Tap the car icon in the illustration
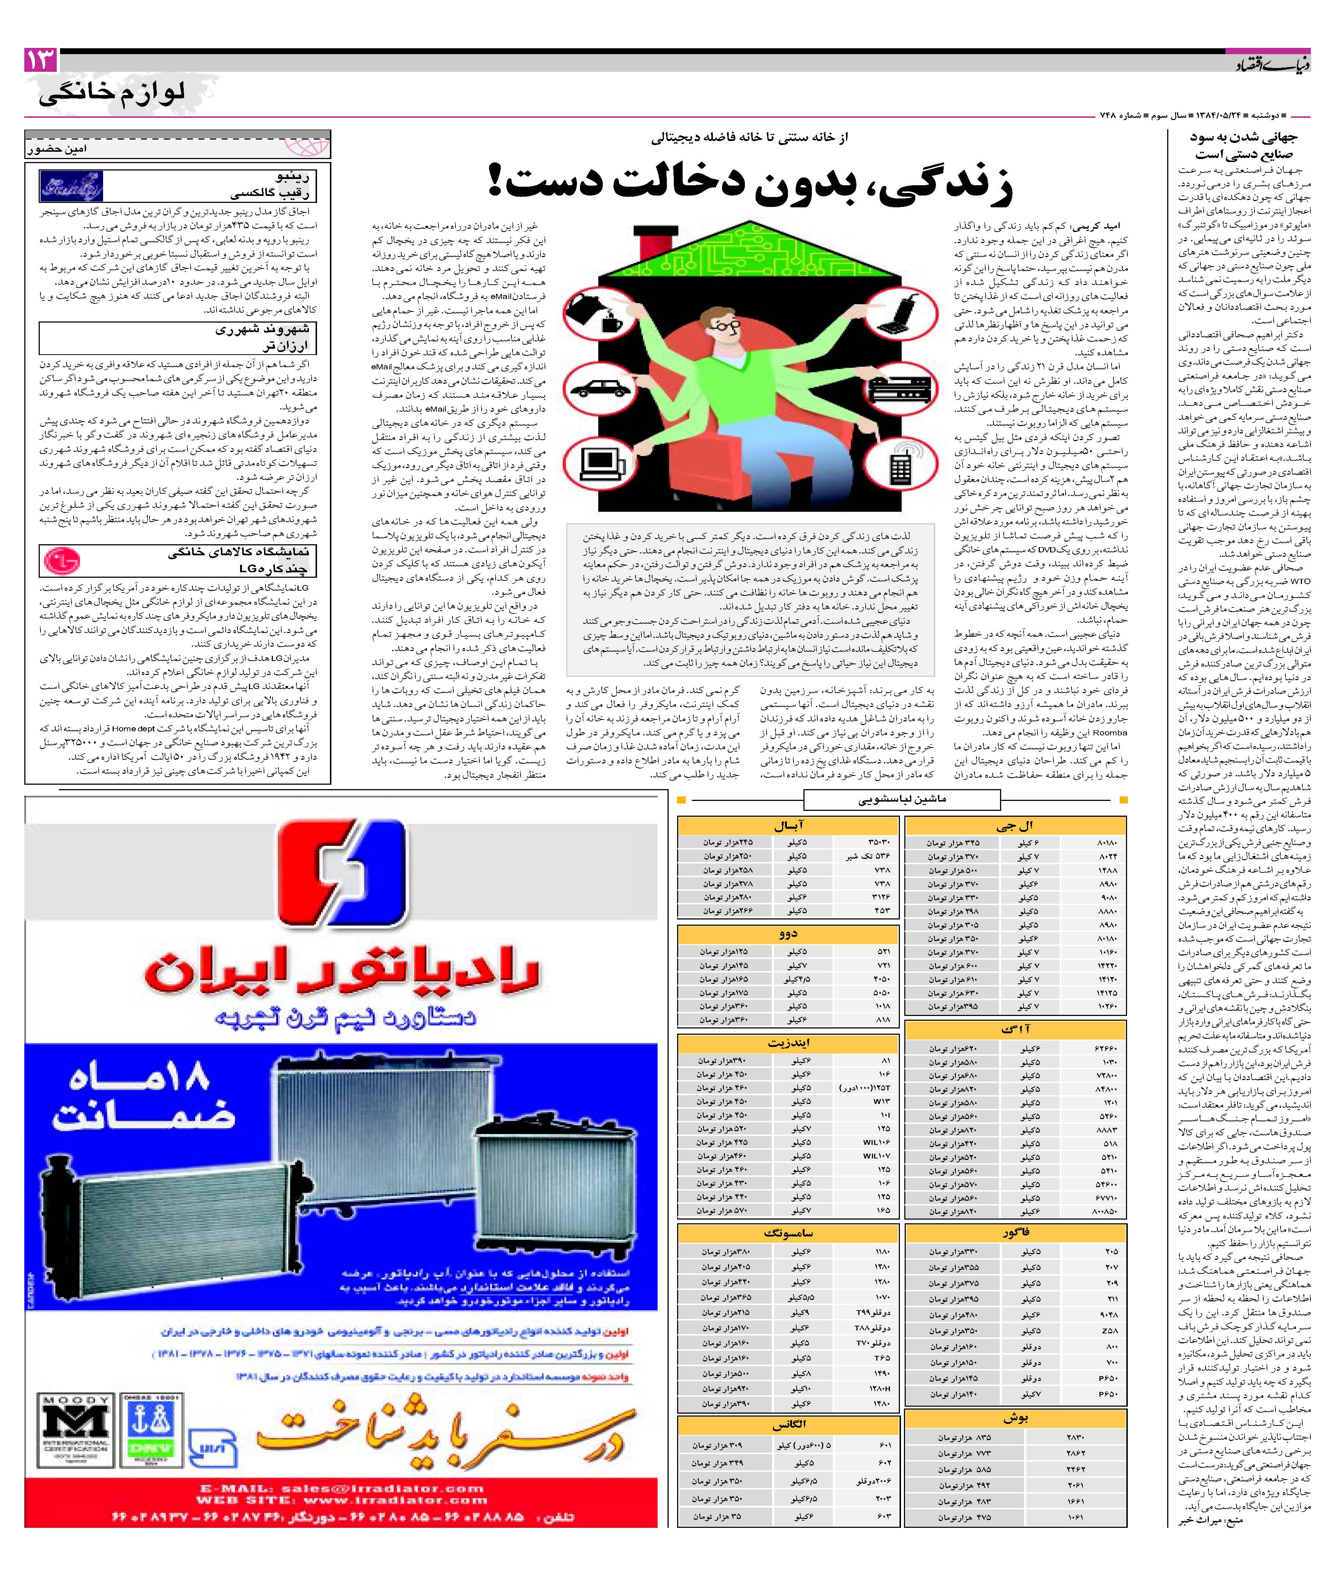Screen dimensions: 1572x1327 (597, 388)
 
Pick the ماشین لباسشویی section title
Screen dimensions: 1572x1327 (902, 799)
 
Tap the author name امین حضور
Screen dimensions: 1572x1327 (56, 149)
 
